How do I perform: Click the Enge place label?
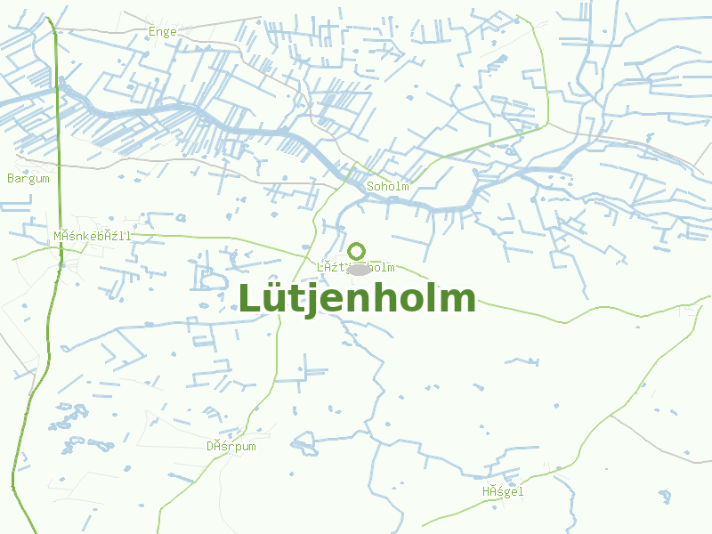[163, 32]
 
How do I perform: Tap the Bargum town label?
[28, 179]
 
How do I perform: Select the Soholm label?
[388, 187]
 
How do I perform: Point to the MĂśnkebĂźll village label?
[93, 236]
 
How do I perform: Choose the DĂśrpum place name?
[231, 447]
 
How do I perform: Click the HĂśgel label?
[504, 492]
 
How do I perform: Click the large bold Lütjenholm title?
[357, 299]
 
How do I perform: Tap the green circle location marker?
[357, 251]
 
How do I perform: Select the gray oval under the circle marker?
[358, 269]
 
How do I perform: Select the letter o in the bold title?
[414, 301]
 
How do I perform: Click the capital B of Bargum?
[11, 179]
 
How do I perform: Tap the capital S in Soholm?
[371, 187]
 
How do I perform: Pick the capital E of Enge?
[152, 32]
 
